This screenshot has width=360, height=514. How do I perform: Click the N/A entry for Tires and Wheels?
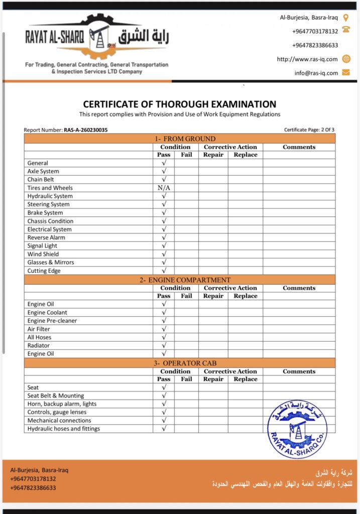coord(164,188)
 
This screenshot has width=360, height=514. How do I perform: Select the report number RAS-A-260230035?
coord(86,130)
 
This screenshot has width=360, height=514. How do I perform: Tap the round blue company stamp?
coord(297,429)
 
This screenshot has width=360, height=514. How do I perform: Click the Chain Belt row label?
coord(41,179)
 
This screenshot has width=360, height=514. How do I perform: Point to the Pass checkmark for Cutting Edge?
coord(164,271)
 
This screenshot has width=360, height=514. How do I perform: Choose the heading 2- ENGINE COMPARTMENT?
coord(185,280)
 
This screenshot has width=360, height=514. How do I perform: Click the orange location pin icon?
coord(346,18)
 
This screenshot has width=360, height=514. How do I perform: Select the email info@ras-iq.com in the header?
coord(316,73)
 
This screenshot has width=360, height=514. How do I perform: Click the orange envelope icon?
coord(346,72)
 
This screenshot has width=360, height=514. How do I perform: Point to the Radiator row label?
coord(39,345)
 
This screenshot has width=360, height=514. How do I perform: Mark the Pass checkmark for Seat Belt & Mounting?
coord(164,396)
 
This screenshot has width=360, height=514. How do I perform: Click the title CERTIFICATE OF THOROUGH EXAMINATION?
coord(179,104)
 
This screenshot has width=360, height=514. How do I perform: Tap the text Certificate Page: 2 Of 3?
coord(309,130)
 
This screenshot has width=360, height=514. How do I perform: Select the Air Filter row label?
coord(39,329)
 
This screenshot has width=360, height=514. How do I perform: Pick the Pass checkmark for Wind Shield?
coord(164,254)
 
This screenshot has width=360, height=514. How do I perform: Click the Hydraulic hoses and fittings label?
coord(64,429)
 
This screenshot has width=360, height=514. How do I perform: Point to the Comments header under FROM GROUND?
coord(299,147)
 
